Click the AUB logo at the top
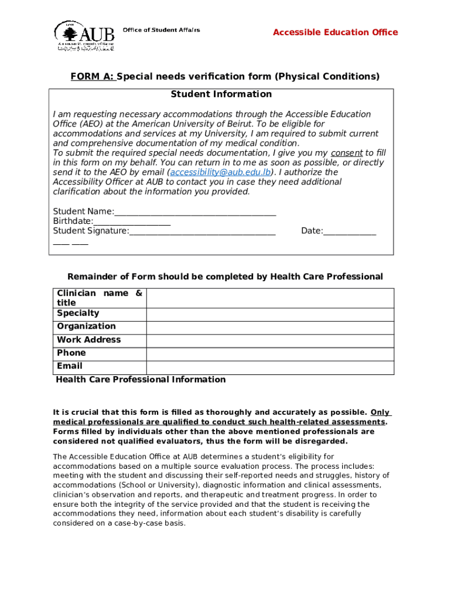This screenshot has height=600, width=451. tap(84, 35)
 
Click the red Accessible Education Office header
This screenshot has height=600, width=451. tap(335, 32)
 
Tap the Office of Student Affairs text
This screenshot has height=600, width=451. tap(161, 30)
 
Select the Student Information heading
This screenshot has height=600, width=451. tap(221, 94)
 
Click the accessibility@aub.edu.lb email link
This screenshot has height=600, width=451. tap(221, 172)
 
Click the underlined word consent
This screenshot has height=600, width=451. tap(347, 153)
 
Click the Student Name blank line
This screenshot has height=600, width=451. tap(195, 212)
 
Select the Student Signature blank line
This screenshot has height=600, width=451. tap(202, 231)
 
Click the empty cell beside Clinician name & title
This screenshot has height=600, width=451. tap(270, 298)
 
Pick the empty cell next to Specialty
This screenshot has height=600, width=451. tap(270, 314)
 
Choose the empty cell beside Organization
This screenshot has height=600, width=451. tap(270, 327)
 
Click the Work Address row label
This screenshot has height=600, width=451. tap(88, 340)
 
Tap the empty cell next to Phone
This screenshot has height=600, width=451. tap(270, 354)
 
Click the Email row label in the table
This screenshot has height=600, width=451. tap(70, 366)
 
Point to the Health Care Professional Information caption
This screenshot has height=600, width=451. tap(141, 380)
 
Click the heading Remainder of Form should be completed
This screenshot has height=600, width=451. tap(225, 277)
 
